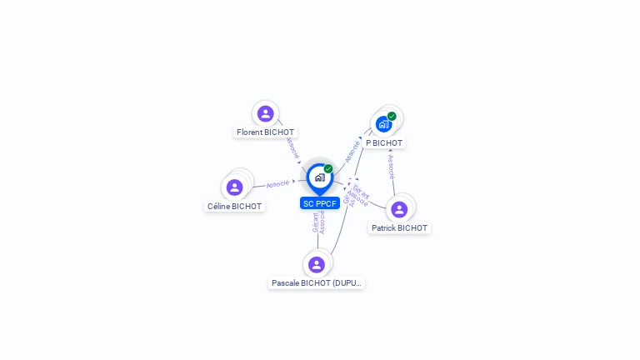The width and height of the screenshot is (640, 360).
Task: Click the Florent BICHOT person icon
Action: coord(266,113)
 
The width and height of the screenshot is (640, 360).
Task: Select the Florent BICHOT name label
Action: coord(266,132)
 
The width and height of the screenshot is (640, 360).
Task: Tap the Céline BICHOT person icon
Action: coord(235,187)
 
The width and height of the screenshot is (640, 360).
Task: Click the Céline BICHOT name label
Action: coord(234,207)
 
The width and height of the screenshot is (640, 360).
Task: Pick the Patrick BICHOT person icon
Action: coord(399,209)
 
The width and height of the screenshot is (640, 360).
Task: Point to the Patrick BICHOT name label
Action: coord(399,228)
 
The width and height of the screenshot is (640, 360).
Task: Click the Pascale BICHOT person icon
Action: coord(317,265)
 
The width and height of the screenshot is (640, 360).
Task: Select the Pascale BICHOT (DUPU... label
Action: coord(317,283)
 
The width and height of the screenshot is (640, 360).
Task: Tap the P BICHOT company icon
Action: coord(383,124)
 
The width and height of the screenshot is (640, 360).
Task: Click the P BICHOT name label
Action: coord(384,143)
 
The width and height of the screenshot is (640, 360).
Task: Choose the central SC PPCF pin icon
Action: coord(319,177)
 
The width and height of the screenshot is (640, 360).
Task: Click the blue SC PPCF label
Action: coord(320,203)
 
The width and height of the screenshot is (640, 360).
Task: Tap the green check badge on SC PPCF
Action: coord(328,169)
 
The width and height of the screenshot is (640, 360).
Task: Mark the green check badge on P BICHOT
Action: coord(392,117)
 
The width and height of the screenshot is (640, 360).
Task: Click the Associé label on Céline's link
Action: coord(277,183)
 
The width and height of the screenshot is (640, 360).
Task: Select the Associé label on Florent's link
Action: coord(292,148)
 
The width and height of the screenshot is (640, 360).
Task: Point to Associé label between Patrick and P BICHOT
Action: coord(391,167)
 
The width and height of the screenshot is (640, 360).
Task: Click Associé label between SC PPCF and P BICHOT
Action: coord(353,151)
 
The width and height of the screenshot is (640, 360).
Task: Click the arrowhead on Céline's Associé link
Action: coord(294,181)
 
